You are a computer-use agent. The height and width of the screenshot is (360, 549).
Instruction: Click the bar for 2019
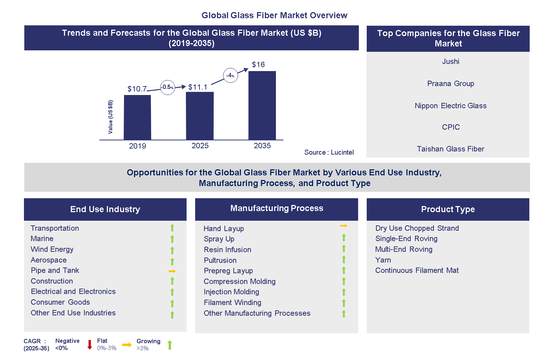pos(137,117)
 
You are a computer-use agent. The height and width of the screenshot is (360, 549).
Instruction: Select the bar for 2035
pos(262,105)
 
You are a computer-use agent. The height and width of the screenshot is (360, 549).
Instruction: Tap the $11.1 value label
pos(198,87)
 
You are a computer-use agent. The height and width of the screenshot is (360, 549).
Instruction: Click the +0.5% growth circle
pos(167,87)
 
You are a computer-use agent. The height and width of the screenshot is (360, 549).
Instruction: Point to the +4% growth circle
pos(231,75)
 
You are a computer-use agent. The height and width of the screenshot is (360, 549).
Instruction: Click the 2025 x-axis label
pos(200,146)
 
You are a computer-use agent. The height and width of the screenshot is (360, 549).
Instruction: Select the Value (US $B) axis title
pos(110,117)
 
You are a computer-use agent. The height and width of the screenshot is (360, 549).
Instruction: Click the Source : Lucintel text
pos(329,152)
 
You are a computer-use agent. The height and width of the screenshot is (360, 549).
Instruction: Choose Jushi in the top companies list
pos(450,61)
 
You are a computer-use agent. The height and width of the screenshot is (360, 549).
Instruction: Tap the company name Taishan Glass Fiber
pos(450,149)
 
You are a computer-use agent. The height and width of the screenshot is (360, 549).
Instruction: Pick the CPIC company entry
pos(450,127)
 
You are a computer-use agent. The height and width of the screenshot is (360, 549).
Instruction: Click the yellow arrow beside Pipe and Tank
pos(172,271)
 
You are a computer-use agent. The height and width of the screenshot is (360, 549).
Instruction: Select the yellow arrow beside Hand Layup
pos(343,226)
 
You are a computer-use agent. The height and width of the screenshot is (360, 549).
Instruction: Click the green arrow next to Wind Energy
pos(172,250)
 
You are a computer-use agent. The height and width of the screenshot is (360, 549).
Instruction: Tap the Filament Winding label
pos(232,302)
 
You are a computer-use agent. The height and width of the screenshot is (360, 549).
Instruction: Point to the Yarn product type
pos(383,260)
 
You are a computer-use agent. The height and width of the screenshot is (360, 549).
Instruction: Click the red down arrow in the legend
pos(90,345)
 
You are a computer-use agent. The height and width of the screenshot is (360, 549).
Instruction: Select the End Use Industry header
pos(105,209)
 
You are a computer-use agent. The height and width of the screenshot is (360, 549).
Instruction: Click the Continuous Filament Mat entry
pos(417,270)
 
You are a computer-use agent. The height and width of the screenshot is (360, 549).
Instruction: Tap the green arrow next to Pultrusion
pos(343,260)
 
